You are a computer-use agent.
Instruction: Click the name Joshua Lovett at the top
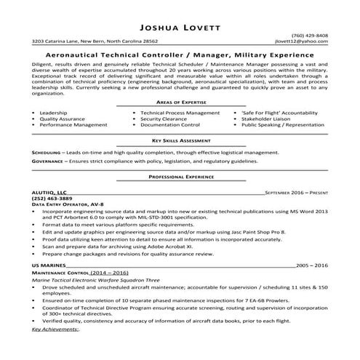(x=180, y=10)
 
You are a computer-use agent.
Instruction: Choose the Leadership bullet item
(x=54, y=113)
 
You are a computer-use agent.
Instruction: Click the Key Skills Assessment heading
(x=180, y=139)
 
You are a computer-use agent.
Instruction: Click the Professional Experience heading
(x=180, y=177)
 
